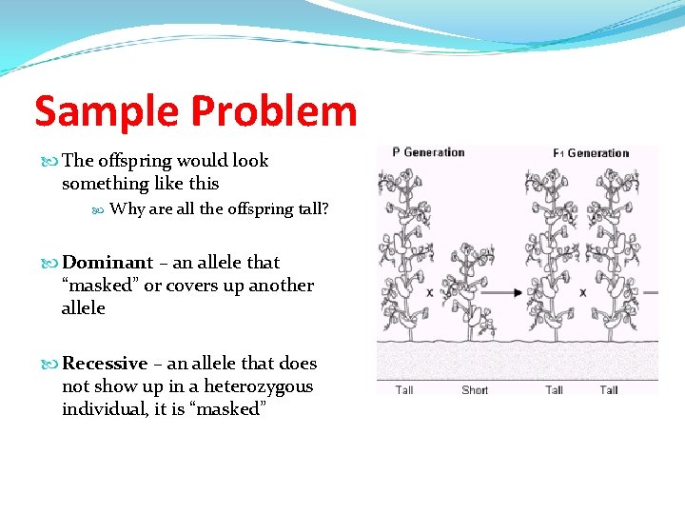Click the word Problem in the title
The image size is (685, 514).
(273, 111)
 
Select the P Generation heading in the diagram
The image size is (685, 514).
(428, 152)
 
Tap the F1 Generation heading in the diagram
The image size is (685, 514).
(591, 152)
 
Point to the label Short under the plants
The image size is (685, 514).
(475, 389)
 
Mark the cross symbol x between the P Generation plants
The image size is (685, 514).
(430, 293)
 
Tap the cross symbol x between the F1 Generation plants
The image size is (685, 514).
(582, 293)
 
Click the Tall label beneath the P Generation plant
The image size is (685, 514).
(404, 389)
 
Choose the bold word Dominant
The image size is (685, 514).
(108, 263)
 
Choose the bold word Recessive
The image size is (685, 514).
(105, 364)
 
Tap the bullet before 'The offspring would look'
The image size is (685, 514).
(51, 161)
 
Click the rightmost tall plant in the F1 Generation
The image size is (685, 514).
(611, 252)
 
